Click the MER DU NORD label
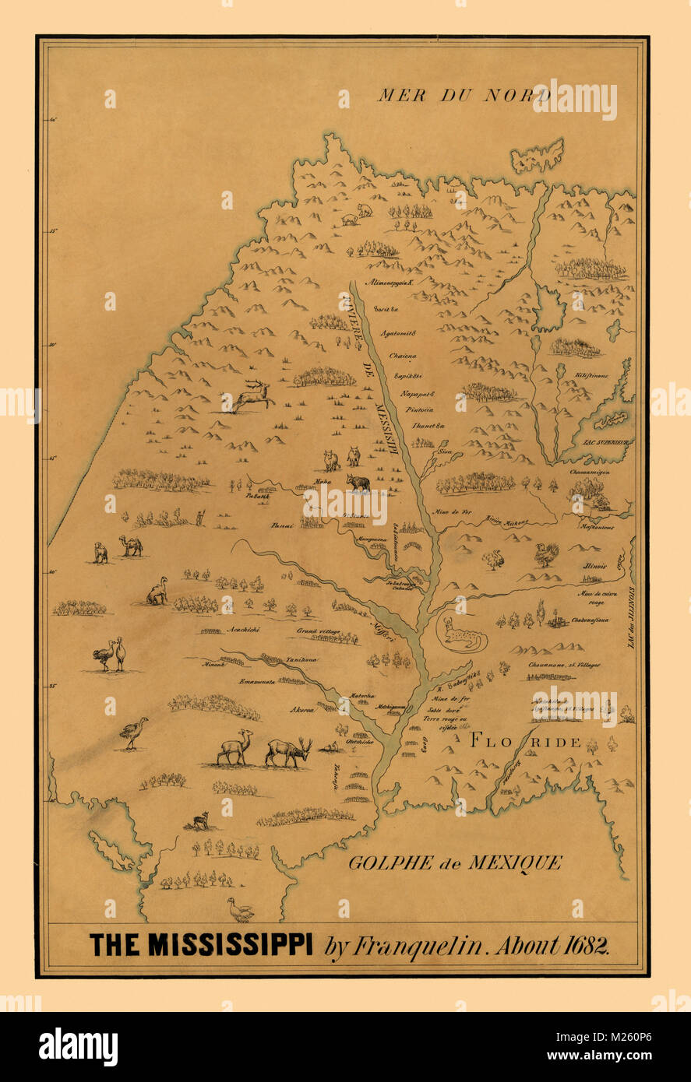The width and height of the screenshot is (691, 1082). (x=464, y=96)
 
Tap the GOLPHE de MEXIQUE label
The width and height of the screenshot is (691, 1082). (x=455, y=862)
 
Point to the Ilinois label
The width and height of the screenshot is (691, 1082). (x=594, y=567)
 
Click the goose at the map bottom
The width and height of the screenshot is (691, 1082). (x=241, y=908)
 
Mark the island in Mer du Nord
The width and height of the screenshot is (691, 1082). (x=538, y=155)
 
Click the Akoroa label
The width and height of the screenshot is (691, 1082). (x=303, y=710)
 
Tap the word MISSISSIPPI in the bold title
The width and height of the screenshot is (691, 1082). (x=231, y=945)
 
